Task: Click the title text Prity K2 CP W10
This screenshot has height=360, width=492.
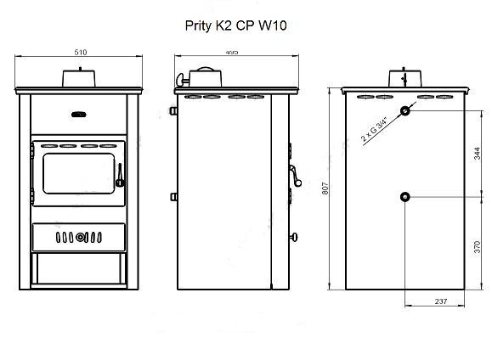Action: [x=235, y=25]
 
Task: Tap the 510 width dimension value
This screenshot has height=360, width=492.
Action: [x=81, y=53]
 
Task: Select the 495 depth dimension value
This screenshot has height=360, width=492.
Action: [x=232, y=52]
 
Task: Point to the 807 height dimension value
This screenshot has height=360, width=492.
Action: [x=325, y=188]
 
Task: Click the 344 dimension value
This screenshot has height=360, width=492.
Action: [x=477, y=154]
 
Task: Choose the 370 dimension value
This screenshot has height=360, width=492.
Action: [x=477, y=247]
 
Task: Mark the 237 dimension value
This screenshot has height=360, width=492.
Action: [x=441, y=301]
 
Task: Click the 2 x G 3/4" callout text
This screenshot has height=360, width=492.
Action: [x=375, y=129]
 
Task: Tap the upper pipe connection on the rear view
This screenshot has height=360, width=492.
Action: [x=405, y=111]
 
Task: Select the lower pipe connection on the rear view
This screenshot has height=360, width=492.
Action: [x=405, y=197]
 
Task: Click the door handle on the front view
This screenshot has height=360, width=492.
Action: [x=120, y=176]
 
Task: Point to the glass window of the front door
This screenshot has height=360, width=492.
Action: [x=79, y=173]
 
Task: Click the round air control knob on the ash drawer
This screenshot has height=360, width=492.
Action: [x=81, y=238]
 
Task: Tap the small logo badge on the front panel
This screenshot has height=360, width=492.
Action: [x=79, y=115]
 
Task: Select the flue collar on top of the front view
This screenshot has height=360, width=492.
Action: [x=79, y=78]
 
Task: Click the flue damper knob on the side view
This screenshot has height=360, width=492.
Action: [x=181, y=80]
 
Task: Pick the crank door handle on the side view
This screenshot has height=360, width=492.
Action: [x=295, y=176]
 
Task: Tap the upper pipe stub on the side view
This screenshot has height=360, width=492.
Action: [x=173, y=110]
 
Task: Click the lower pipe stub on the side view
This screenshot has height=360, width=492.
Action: [x=173, y=197]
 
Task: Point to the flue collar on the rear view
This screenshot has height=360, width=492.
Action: [x=405, y=78]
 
